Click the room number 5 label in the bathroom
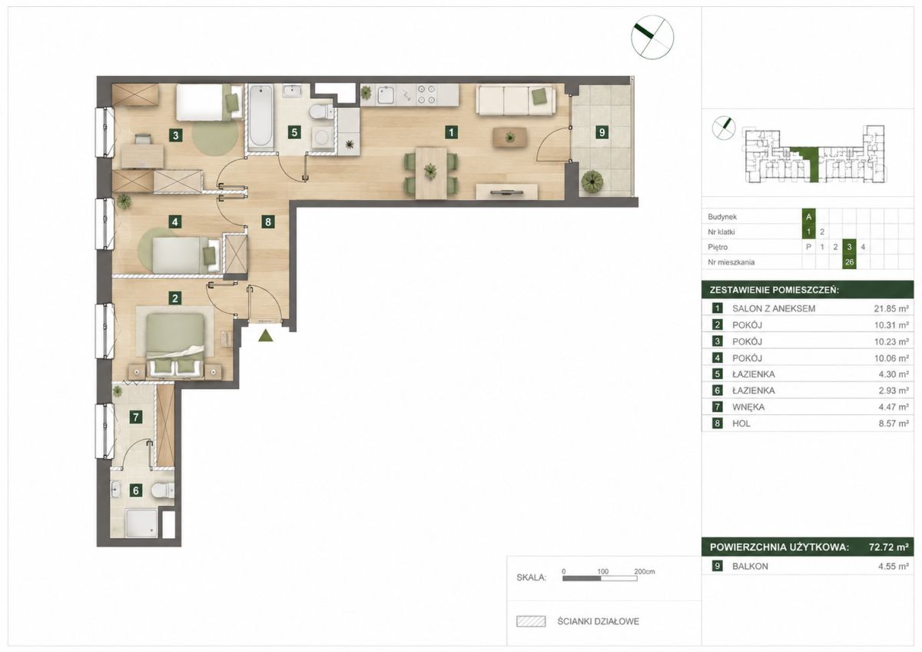294,132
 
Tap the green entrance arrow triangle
266,336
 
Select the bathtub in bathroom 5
260,116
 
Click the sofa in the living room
516,100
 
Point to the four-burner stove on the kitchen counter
426,94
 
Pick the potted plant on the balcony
592,181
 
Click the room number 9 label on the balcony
602,132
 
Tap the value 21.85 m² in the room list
891,308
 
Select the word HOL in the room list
741,424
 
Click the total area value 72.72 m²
889,547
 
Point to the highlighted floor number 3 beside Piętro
849,247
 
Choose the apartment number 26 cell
849,262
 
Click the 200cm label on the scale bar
645,572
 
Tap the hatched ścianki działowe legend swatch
531,621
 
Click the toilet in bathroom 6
163,490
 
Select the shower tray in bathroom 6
141,523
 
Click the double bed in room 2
175,344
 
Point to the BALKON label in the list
750,567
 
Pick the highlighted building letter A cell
808,217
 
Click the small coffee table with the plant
510,137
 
